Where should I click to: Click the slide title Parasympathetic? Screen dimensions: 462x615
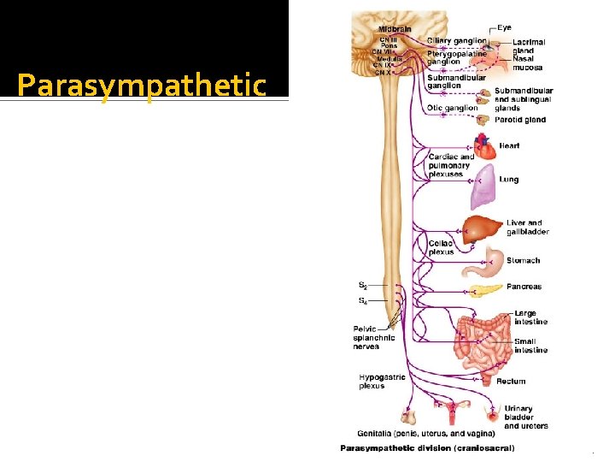142,86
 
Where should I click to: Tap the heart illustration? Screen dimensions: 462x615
483,148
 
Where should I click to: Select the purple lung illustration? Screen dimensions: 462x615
483,187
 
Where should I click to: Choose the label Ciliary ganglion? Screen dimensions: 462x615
457,40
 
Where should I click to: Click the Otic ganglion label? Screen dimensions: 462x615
452,109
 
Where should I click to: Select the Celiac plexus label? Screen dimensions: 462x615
441,247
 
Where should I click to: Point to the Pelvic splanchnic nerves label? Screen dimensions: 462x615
374,337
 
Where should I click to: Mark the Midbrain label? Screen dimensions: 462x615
395,29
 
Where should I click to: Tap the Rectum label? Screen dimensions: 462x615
511,382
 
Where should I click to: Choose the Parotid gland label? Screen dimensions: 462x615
519,120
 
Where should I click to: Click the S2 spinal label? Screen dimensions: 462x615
363,285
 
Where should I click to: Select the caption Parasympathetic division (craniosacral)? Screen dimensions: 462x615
427,447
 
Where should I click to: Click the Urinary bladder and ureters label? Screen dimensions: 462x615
525,417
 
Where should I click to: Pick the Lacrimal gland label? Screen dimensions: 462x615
529,45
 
